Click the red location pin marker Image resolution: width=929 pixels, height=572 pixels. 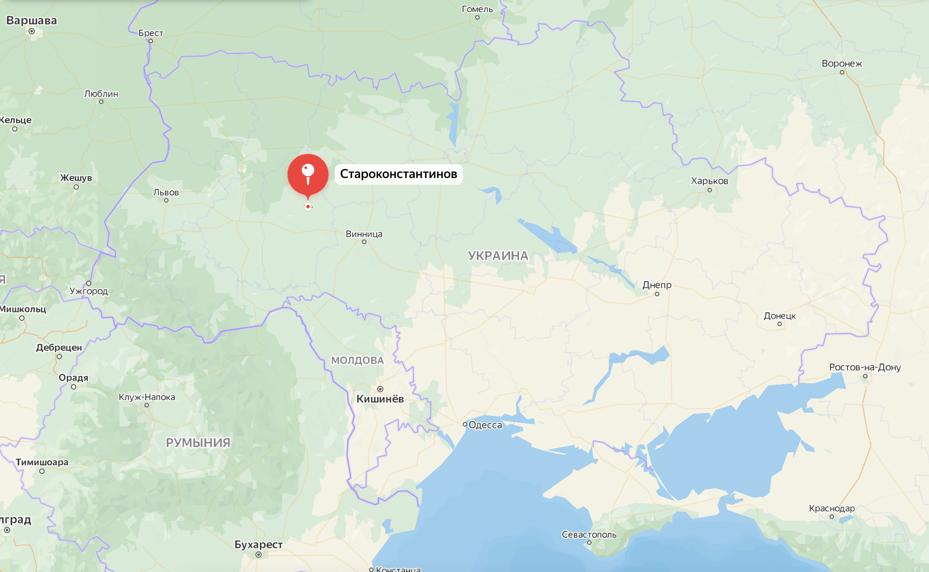308,174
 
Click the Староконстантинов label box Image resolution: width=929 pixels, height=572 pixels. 399,174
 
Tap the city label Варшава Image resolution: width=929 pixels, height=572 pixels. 32,21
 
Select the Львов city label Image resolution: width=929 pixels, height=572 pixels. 166,192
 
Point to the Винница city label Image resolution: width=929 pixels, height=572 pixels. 364,234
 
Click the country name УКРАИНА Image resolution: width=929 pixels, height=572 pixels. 498,256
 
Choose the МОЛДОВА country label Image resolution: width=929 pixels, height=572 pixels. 357,361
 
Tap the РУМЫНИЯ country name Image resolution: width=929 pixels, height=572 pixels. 198,443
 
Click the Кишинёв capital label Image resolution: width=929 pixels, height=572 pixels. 380,399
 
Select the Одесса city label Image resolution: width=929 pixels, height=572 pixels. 485,425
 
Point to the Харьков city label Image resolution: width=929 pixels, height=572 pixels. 709,181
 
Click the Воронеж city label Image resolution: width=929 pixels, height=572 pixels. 842,64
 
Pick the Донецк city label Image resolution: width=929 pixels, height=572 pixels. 779,316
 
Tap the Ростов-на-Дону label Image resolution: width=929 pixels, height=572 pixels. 865,367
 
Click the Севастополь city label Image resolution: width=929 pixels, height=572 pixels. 589,535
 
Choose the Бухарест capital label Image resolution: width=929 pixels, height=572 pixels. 259,545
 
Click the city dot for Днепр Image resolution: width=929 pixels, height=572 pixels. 657,294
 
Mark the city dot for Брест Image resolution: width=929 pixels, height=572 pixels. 151,41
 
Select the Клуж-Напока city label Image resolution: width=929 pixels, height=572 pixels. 147,397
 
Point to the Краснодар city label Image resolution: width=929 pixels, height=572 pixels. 832,509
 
